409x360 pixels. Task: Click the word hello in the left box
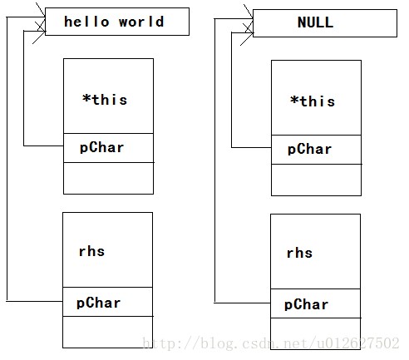[x=86, y=22]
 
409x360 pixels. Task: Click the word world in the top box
[x=141, y=22]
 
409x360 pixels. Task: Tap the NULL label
[x=315, y=22]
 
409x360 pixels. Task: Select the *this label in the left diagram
[x=105, y=100]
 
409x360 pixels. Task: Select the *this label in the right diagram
[x=313, y=101]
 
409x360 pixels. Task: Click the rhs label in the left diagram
[x=91, y=251]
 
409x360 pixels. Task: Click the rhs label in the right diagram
[x=299, y=253]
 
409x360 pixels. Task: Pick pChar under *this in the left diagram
[x=101, y=148]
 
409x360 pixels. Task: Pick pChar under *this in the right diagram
[x=309, y=150]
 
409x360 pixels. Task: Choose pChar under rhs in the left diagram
[x=98, y=303]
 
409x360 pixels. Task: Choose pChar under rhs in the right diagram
[x=306, y=304]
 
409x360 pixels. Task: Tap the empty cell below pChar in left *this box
[x=108, y=178]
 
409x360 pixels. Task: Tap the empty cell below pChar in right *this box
[x=316, y=180]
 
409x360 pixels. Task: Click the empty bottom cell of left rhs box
[x=107, y=332]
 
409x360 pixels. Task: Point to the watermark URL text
[x=271, y=343]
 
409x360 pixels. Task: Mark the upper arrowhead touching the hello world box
[x=41, y=14]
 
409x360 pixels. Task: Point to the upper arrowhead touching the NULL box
[x=249, y=16]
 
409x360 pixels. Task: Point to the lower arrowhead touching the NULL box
[x=248, y=35]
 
